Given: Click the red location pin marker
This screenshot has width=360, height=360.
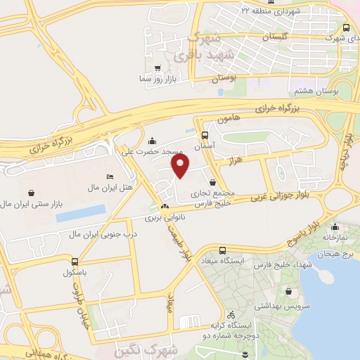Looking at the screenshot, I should (x=181, y=165).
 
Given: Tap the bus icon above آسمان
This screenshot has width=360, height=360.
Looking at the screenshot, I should (x=205, y=136).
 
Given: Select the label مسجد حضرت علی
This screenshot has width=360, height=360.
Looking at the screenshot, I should (x=153, y=151).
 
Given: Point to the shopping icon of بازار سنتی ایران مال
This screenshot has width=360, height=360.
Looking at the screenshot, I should (x=32, y=192).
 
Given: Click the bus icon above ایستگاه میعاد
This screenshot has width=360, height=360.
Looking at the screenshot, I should (x=223, y=250).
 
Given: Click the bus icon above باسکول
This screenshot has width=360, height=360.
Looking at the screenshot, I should (x=72, y=259).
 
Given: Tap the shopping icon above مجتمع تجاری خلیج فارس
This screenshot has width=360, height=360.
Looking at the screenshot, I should (x=212, y=182).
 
